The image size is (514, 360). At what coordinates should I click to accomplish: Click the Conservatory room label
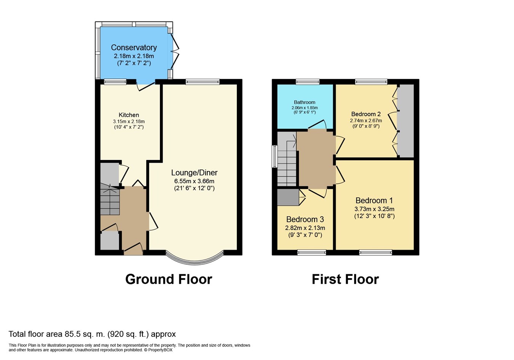point(134,48)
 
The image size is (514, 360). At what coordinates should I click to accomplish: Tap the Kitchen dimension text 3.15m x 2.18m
point(129,122)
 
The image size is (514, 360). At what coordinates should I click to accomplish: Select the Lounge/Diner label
point(194,173)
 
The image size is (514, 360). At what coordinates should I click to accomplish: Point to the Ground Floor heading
point(169,279)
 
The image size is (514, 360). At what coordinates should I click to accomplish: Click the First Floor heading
point(345,279)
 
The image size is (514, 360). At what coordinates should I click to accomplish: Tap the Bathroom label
point(305,102)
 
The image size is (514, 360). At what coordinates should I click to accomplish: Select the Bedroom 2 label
point(366,114)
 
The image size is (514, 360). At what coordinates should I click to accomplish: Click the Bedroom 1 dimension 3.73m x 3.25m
point(374,209)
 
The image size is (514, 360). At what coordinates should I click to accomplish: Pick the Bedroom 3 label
point(305,219)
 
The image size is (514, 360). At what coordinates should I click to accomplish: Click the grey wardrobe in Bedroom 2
point(405,121)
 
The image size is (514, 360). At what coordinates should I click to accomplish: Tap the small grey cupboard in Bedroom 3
point(288,197)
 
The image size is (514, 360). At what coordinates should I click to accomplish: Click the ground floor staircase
point(110,199)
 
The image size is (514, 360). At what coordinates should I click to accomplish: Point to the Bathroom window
point(308,82)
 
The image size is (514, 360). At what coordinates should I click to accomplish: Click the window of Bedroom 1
point(376,253)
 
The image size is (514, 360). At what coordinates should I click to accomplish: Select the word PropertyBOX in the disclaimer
point(160,350)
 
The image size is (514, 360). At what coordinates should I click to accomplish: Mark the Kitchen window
point(115,82)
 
